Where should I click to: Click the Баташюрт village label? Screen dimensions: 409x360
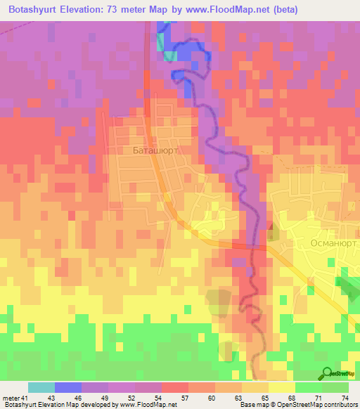coord(155,150)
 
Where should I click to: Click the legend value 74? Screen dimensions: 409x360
coord(344,398)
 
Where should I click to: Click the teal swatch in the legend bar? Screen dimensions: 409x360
coord(41,387)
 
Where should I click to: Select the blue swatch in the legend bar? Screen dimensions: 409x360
coord(67,387)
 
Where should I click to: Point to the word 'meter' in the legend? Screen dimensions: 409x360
coord(10,398)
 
